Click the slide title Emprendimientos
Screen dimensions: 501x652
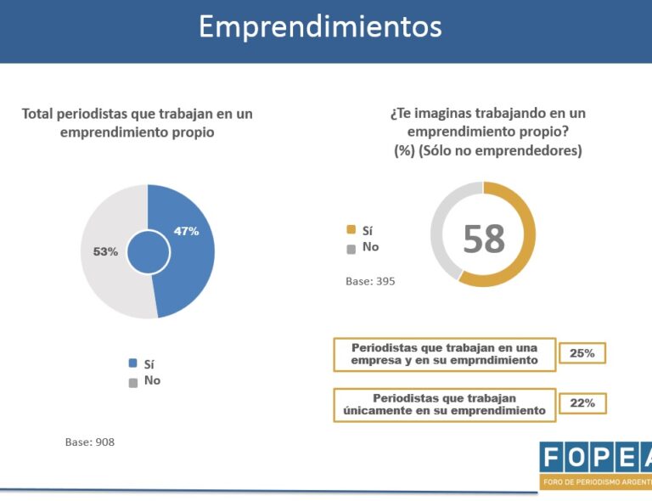coord(320,26)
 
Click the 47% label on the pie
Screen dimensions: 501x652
coord(186,231)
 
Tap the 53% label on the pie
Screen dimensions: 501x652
coord(105,251)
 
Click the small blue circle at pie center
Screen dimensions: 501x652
coord(148,252)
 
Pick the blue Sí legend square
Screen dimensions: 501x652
coord(132,363)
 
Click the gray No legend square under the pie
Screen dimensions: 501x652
coord(132,381)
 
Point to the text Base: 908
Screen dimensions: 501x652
coord(89,442)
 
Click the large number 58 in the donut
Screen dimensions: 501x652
coord(483,239)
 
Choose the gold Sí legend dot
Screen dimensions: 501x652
coord(351,229)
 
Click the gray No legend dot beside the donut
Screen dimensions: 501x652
coord(351,248)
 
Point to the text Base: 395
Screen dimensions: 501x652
coord(370,281)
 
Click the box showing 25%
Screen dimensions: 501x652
coord(582,352)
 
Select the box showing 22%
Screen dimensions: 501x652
coord(582,403)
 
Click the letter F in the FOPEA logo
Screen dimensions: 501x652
coord(552,458)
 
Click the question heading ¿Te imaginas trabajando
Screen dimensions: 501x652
coord(487,113)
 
